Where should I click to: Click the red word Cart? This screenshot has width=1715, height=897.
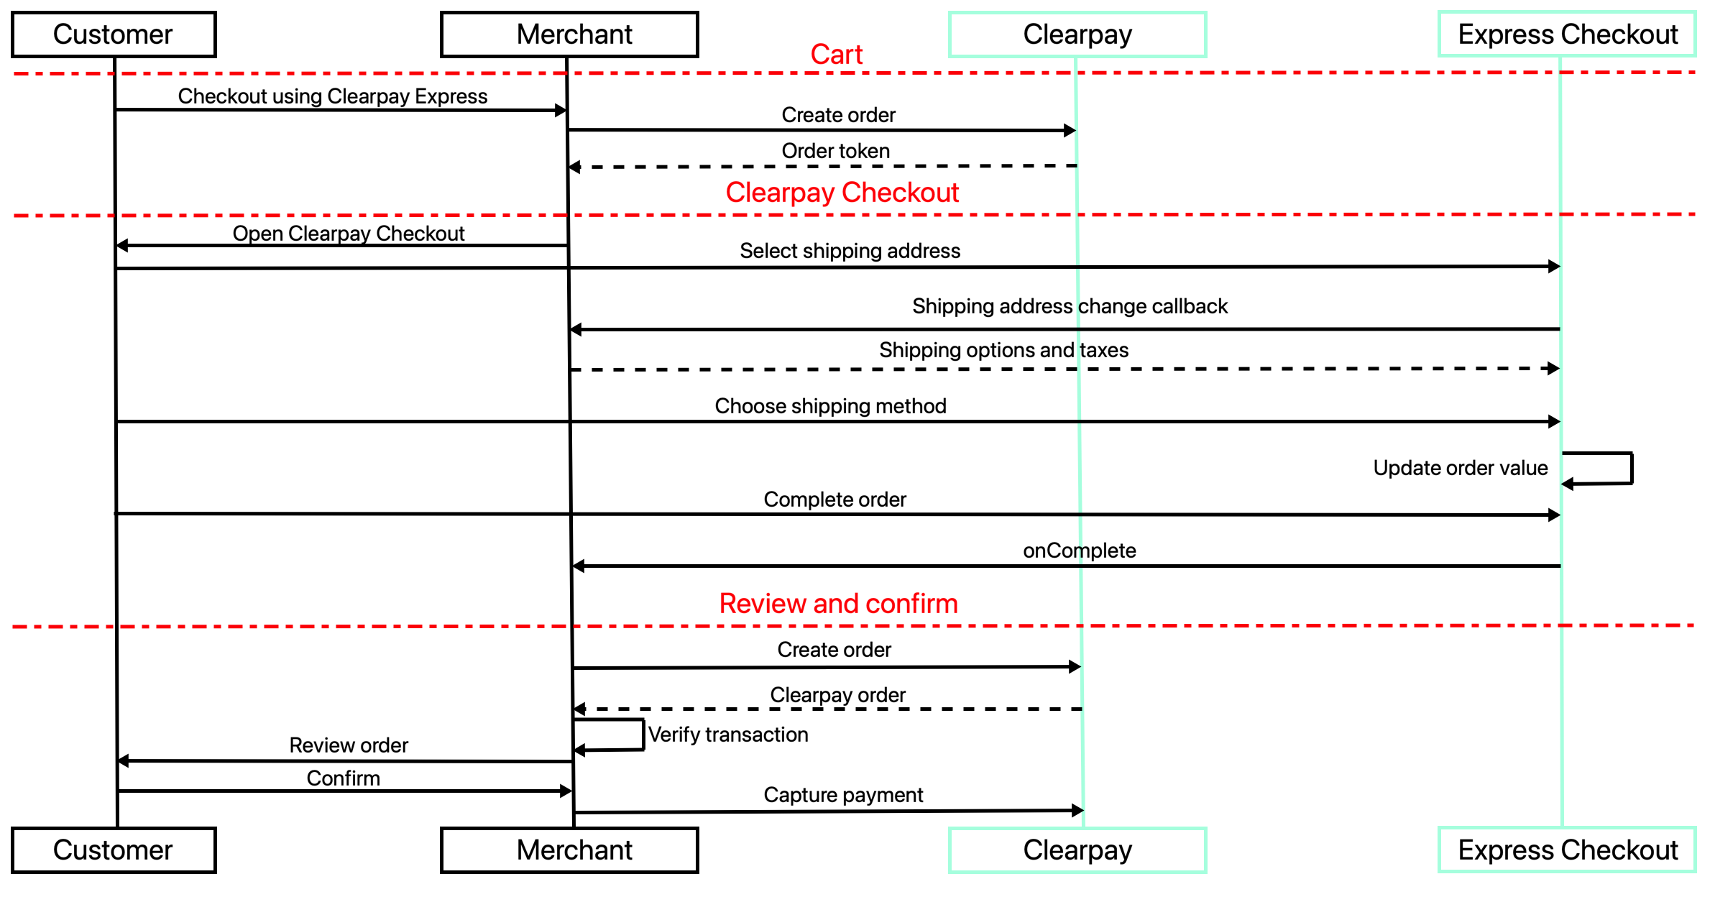tap(837, 55)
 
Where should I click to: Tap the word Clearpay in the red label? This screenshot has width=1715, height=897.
tap(780, 193)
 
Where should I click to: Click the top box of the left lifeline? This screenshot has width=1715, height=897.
tap(1077, 34)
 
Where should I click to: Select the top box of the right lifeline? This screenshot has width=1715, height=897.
tap(1567, 34)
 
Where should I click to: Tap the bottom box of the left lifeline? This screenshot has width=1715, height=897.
tap(1077, 850)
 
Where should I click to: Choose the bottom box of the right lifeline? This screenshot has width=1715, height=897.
tap(1567, 850)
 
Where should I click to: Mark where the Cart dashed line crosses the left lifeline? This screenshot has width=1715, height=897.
tap(1076, 73)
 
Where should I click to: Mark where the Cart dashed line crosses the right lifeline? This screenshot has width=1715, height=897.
tap(1560, 73)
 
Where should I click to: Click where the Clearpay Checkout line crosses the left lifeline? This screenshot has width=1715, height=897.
tap(1077, 215)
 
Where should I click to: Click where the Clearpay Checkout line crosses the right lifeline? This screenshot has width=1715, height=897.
tap(1560, 214)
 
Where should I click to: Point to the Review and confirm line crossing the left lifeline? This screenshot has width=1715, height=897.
tap(1081, 626)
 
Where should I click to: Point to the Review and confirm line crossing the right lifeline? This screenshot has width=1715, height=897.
tap(1562, 625)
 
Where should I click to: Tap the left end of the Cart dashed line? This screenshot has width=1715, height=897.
tap(16, 73)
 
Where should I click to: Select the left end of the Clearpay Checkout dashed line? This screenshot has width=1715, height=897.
tap(16, 216)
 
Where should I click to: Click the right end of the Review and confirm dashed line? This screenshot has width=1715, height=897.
tap(1693, 625)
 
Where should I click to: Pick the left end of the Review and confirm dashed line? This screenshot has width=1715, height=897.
tap(14, 627)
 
